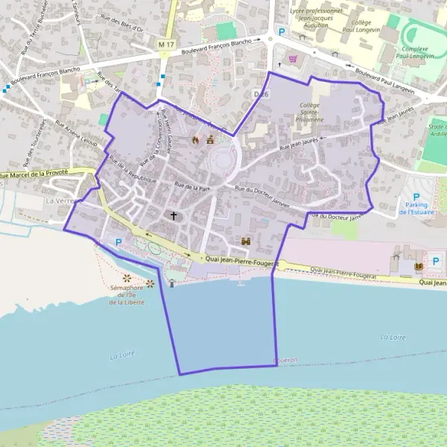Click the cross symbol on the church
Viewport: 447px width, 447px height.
(x=174, y=216)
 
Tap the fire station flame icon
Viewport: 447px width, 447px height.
(x=196, y=139)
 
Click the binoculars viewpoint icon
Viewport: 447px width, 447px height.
(x=246, y=241)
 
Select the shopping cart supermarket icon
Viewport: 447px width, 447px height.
(x=293, y=59)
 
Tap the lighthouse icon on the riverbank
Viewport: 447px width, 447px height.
(x=173, y=282)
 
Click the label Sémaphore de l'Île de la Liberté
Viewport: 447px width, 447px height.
(x=127, y=295)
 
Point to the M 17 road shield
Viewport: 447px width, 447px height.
(x=165, y=46)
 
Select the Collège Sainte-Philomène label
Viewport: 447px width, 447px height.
(x=310, y=112)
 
